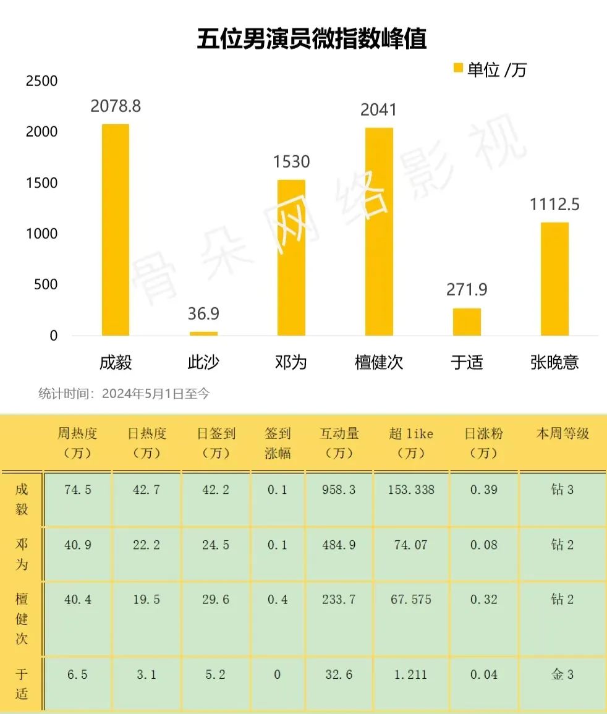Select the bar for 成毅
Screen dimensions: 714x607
click(116, 229)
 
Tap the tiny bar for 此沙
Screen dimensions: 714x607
click(203, 333)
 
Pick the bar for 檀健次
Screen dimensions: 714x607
click(379, 231)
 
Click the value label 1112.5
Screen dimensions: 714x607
click(554, 204)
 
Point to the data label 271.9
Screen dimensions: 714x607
click(467, 289)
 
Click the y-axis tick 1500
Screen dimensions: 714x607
click(41, 183)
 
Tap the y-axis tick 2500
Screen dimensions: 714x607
click(41, 81)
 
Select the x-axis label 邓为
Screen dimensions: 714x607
click(291, 362)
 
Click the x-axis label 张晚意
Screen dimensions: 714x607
click(554, 362)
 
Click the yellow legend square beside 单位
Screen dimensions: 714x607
click(458, 69)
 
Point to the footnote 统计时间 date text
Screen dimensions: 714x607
click(124, 393)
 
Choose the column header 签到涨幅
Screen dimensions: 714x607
click(278, 443)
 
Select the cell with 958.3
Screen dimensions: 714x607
click(339, 490)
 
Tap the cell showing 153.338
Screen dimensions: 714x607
click(411, 490)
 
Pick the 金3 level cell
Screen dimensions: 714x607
click(562, 674)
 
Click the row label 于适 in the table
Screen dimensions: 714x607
click(22, 684)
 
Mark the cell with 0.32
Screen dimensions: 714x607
click(484, 599)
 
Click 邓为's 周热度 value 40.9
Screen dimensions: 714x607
click(78, 545)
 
